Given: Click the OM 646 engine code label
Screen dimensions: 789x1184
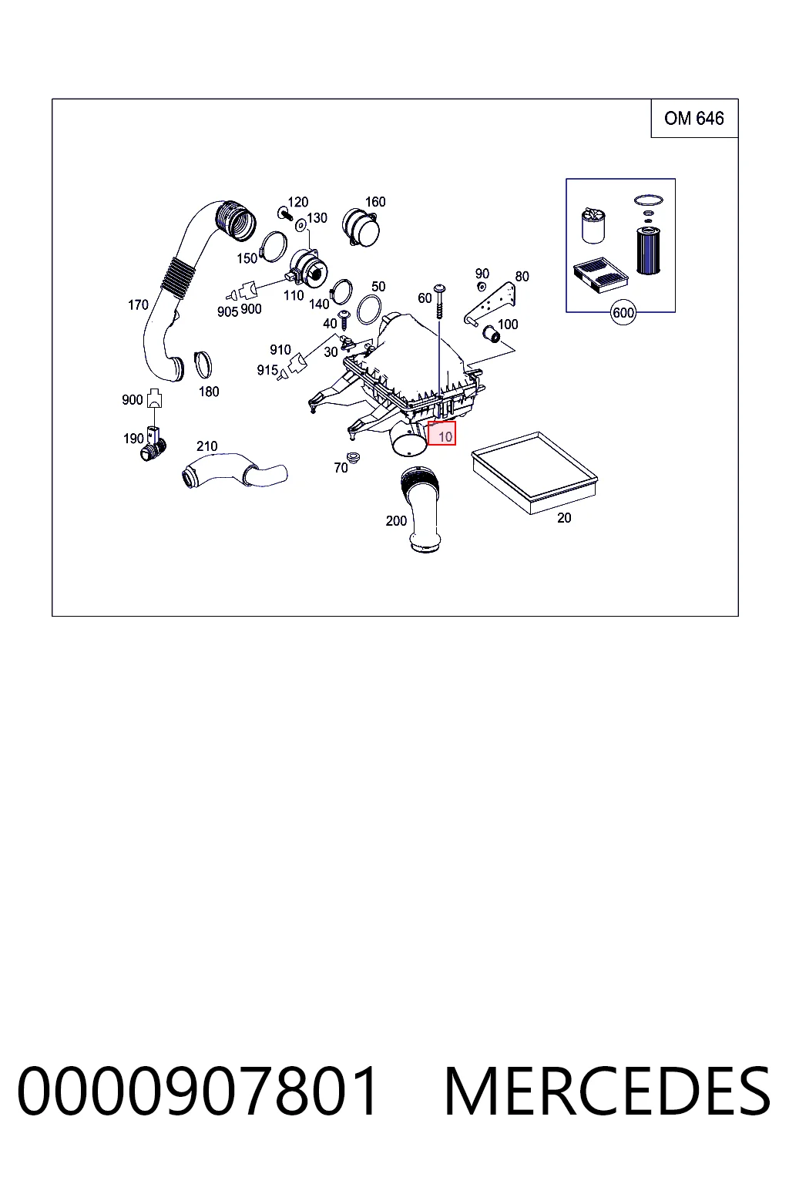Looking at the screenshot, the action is tap(693, 119).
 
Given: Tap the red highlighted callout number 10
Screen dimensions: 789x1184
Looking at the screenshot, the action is tap(442, 433).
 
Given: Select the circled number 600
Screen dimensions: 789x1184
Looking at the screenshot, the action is tap(623, 313).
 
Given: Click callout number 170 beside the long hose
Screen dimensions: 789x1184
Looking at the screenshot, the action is tap(138, 305).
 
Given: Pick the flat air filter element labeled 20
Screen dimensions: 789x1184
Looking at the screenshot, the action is tap(534, 473).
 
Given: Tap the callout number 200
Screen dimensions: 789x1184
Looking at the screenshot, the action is tap(396, 520).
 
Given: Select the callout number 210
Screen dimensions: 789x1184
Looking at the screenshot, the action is tap(206, 446).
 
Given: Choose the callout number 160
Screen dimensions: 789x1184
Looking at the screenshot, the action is tap(375, 201).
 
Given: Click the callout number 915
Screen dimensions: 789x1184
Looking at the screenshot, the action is tap(267, 370).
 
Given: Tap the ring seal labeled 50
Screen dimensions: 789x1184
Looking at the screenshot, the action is tap(369, 309).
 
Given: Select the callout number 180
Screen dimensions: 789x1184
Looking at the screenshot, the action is tap(209, 392).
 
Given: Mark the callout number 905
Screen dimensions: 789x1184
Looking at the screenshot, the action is tap(228, 312).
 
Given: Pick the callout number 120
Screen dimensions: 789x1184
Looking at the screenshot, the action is tap(297, 202).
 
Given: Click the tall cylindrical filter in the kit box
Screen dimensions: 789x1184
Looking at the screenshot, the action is tap(649, 250).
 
